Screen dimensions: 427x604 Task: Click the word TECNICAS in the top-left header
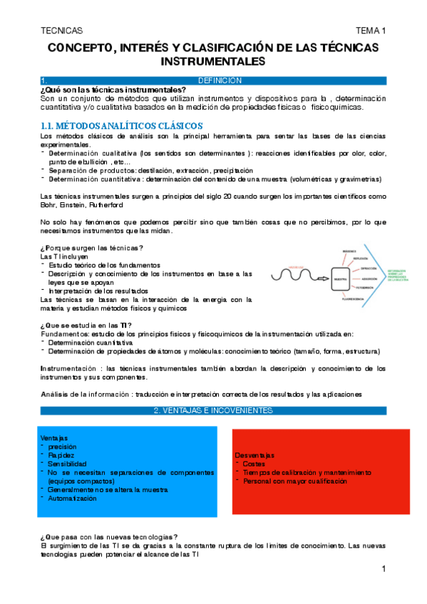[x=62, y=31]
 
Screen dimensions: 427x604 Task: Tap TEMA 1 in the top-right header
[x=371, y=31]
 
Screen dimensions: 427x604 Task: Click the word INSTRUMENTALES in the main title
[x=213, y=61]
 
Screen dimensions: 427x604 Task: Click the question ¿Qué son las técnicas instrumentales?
[x=113, y=90]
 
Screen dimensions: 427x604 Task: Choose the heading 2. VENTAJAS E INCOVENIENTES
[x=213, y=411]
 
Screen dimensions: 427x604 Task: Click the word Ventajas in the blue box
[x=55, y=437]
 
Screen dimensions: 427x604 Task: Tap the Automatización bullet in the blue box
[x=72, y=499]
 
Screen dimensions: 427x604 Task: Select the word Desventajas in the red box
[x=254, y=455]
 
